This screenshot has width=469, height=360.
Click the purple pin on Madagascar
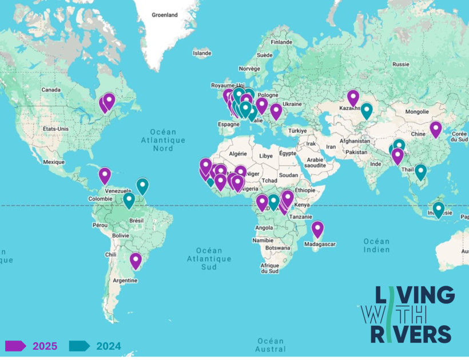[317, 229]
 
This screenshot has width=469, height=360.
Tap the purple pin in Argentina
[136, 260]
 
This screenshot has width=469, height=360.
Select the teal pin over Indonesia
[438, 209]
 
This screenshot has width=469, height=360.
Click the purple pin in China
[436, 129]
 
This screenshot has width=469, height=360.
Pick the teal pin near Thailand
[420, 171]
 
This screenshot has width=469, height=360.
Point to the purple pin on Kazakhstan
[353, 98]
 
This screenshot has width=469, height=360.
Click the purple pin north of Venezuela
[105, 175]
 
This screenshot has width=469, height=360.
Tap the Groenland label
[165, 15]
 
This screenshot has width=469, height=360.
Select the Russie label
[401, 64]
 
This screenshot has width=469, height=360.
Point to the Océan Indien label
[376, 246]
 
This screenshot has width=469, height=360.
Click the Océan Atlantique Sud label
[209, 258]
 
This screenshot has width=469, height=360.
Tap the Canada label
[51, 90]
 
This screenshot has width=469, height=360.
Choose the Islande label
[202, 53]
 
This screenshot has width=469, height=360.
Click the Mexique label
[54, 162]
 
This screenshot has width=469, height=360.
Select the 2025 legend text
[45, 346]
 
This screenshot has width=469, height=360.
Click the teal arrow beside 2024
[79, 346]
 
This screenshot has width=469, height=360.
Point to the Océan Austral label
[271, 345]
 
